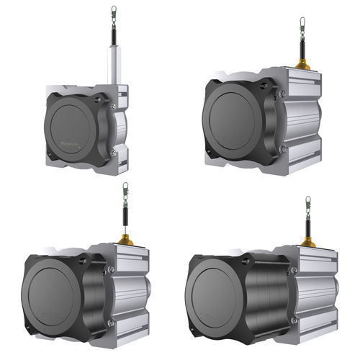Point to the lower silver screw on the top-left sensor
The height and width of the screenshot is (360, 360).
[x=113, y=152]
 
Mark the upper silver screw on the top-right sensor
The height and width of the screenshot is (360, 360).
[x=283, y=94]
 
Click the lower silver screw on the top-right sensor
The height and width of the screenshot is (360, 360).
[x=282, y=148]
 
